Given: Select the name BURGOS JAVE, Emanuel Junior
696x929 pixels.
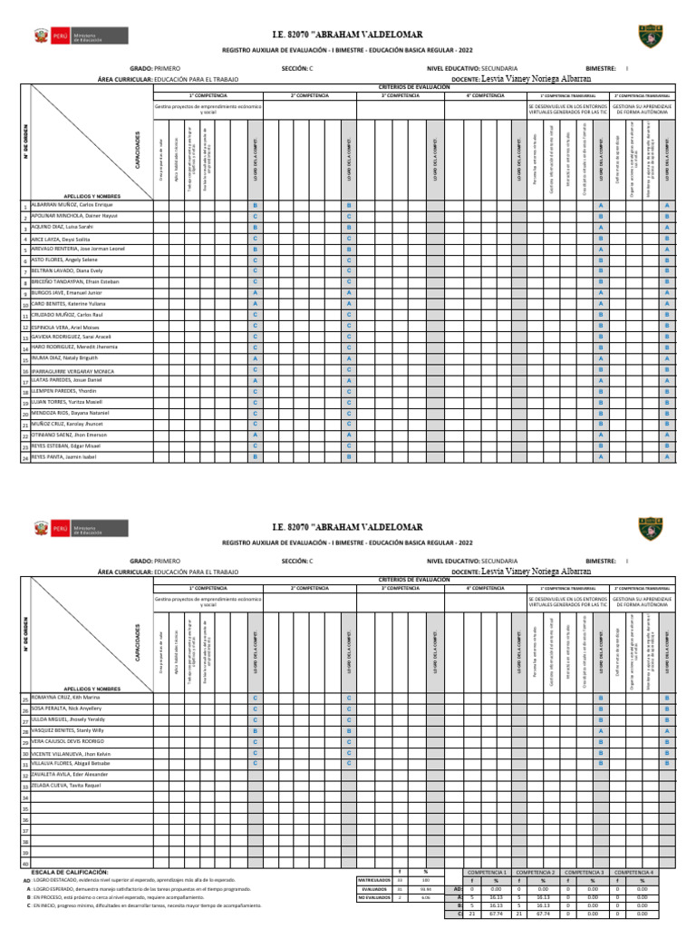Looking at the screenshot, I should coord(71,293).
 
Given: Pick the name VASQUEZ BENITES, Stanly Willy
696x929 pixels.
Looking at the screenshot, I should coord(70,730).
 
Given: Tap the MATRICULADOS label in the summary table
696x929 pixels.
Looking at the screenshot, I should coord(374,880).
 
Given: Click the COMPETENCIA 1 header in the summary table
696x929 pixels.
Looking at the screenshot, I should coord(488,871).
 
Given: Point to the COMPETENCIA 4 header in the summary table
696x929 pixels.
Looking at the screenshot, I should coord(633,871).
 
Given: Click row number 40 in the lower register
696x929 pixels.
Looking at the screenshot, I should coord(25,862).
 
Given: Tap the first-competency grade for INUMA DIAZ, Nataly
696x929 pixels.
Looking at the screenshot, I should coord(256,359).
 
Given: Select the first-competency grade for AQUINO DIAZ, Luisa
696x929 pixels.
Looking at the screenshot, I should coord(256,228).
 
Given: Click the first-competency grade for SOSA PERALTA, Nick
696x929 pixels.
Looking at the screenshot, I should coord(256,709).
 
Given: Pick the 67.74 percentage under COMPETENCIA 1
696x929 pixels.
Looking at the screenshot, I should coord(495,914).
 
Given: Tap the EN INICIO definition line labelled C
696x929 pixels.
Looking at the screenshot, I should coord(136,905).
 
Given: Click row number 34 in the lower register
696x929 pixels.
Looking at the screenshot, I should coord(25,797).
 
